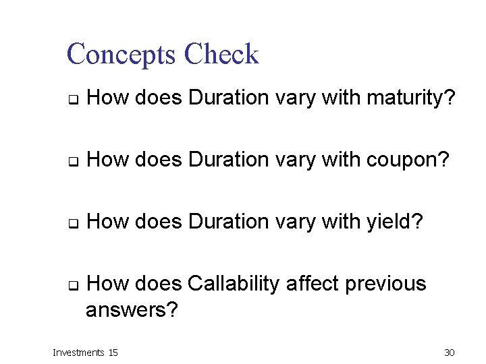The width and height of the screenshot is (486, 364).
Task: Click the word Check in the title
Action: click(221, 55)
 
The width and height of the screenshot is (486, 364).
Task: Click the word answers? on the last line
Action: click(132, 310)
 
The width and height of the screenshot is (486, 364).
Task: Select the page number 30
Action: click(450, 352)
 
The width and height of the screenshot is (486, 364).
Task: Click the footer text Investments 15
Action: click(86, 352)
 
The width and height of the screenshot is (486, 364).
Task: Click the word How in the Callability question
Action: click(108, 284)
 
